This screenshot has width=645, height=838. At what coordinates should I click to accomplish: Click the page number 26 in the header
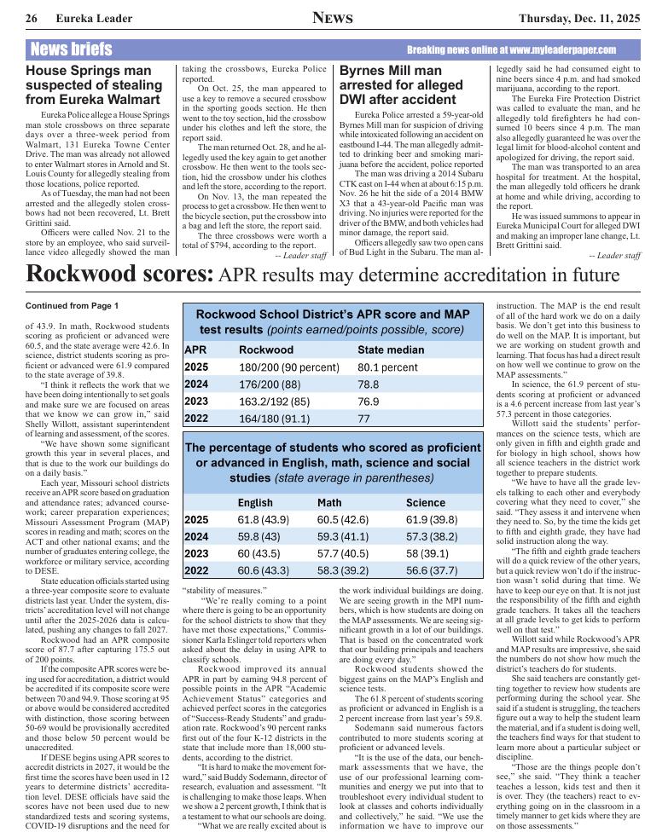coord(31,19)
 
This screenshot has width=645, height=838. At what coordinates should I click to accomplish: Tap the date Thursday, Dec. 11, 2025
coord(567,19)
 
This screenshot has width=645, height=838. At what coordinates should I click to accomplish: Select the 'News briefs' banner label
coord(70,49)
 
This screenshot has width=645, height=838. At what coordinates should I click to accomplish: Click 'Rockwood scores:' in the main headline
coord(119,275)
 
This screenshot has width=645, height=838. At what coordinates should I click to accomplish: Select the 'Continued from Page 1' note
coord(72,305)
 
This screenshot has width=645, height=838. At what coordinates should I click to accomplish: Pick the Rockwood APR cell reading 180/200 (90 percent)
coord(289,367)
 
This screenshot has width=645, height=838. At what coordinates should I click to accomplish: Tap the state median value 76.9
coord(369,402)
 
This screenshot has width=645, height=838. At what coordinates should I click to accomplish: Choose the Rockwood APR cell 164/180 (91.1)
coord(274,419)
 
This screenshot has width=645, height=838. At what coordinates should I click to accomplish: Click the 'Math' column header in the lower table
coord(329,503)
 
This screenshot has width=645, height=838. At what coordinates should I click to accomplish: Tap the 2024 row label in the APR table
coord(196,384)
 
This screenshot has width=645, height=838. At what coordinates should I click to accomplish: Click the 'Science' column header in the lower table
coord(426,503)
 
